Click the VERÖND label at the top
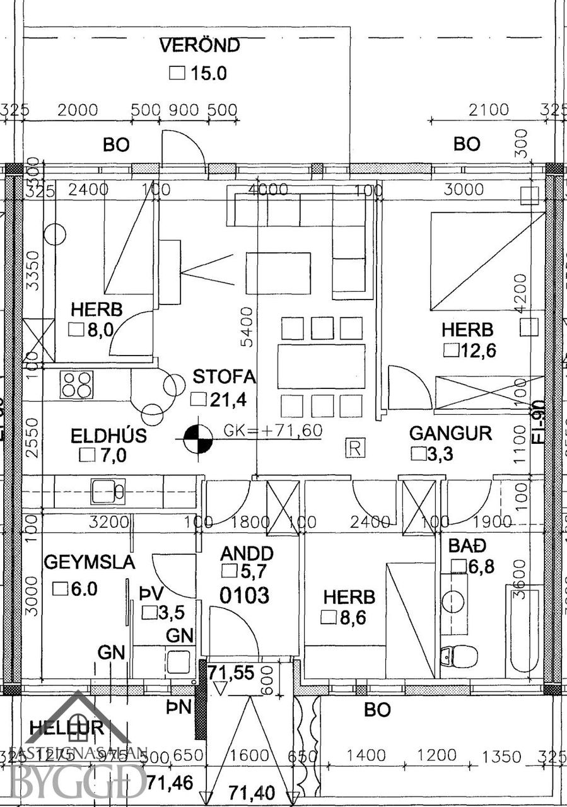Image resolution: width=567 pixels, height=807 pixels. coord(199,46)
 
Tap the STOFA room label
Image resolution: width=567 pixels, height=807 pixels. coord(225,377)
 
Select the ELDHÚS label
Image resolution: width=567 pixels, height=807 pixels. coord(108,436)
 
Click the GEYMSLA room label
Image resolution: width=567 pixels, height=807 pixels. coord(89,562)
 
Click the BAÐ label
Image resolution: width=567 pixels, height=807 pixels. coord(464,545)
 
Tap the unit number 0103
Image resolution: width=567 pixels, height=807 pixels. coord(245,595)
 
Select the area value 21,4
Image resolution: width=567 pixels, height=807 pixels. coord(230,399)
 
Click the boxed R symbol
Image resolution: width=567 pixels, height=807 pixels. coord(355,448)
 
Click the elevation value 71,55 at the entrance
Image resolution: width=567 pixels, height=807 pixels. coord(231,672)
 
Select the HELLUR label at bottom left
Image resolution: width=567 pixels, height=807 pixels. coord(66,728)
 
